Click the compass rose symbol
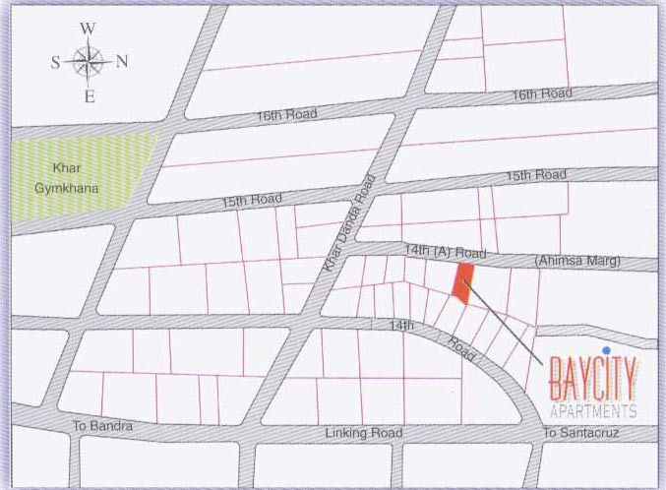89,62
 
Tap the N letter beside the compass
122,61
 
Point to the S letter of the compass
55,62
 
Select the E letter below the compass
89,96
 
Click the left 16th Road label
286,114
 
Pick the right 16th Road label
541,93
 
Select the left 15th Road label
252,200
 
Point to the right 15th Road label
536,175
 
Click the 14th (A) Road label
447,252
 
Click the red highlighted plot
462,281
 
